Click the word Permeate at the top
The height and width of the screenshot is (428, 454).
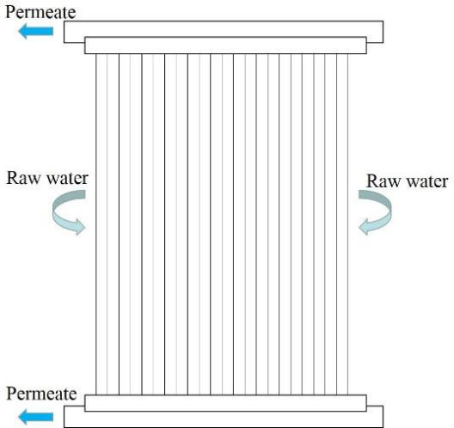pos(40,12)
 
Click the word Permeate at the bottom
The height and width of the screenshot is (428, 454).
pos(41,394)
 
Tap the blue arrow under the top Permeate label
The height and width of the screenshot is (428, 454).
pos(35,31)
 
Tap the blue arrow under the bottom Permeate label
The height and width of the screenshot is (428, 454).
pos(35,417)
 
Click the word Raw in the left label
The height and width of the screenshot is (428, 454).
pos(23,178)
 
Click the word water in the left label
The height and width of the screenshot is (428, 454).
pos(67,179)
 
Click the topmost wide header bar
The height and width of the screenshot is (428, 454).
pos(224,28)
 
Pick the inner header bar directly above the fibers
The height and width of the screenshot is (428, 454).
pos(225,46)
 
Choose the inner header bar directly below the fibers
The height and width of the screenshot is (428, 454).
pos(225,403)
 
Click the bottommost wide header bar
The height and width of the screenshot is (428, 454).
pos(224,417)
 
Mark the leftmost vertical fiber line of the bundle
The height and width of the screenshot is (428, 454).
pos(96,224)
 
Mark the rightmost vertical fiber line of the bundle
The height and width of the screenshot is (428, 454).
pos(347,224)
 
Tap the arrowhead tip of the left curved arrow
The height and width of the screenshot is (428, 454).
pos(85,228)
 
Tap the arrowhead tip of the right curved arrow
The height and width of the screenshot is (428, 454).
pos(359,228)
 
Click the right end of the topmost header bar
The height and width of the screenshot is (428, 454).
pos(383,32)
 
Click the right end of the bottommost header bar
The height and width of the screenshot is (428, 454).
pos(383,417)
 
